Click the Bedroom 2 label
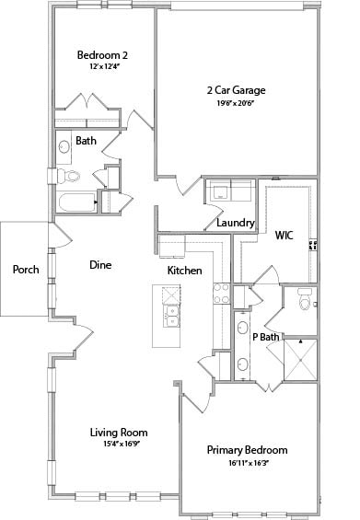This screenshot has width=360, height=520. tap(102, 55)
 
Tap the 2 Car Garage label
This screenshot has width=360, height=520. tap(237, 90)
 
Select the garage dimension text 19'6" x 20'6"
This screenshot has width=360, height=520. tap(236, 103)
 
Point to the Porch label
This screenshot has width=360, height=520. tap(26, 270)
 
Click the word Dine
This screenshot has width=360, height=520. tap(100, 265)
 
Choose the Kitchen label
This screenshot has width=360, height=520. tap(184, 271)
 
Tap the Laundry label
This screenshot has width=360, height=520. tap(236, 223)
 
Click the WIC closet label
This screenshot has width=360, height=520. tap(284, 236)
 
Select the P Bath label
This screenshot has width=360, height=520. tap(266, 337)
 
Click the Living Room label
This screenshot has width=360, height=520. tap(119, 433)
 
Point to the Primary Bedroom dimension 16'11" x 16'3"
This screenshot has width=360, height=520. tap(249, 463)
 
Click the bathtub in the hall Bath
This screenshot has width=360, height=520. tap(76, 202)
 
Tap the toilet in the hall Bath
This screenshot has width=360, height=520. tap(68, 176)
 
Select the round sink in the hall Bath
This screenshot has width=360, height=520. tap(64, 147)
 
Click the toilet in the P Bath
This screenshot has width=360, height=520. tap(305, 299)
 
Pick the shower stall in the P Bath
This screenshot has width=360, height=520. tap(300, 359)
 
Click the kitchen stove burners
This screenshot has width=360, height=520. tap(221, 294)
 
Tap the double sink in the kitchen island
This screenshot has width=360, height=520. tap(172, 317)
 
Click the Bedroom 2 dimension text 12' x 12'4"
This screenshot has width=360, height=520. tap(104, 66)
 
